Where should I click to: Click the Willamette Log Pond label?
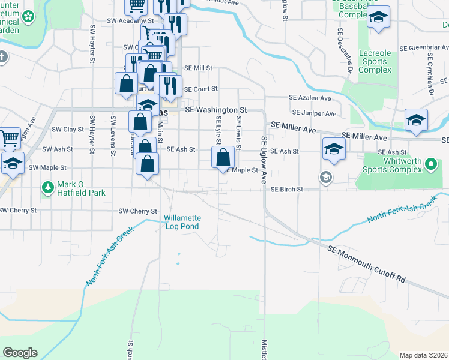pos(183,222)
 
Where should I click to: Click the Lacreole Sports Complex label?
pos(375,62)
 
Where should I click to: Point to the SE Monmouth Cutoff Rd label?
pos(367,264)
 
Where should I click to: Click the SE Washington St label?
pos(216,110)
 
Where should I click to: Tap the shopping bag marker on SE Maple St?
pos(223,158)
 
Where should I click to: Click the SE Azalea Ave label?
pos(310,98)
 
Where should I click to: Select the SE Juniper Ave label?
pos(314,113)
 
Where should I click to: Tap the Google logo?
pos(20,353)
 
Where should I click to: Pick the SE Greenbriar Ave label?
pos(418,46)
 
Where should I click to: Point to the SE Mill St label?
pos(198,68)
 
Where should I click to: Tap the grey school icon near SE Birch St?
pos(325,176)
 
